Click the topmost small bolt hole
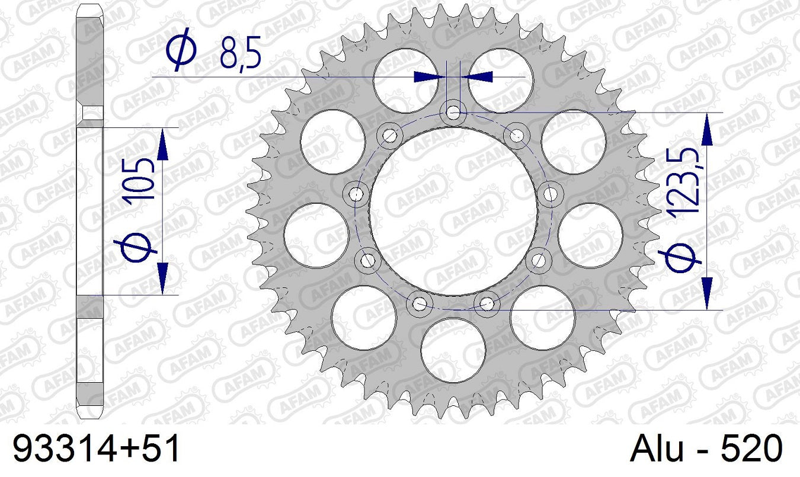[x=453, y=111]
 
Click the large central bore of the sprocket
[x=453, y=211]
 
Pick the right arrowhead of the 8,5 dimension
[x=478, y=76]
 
